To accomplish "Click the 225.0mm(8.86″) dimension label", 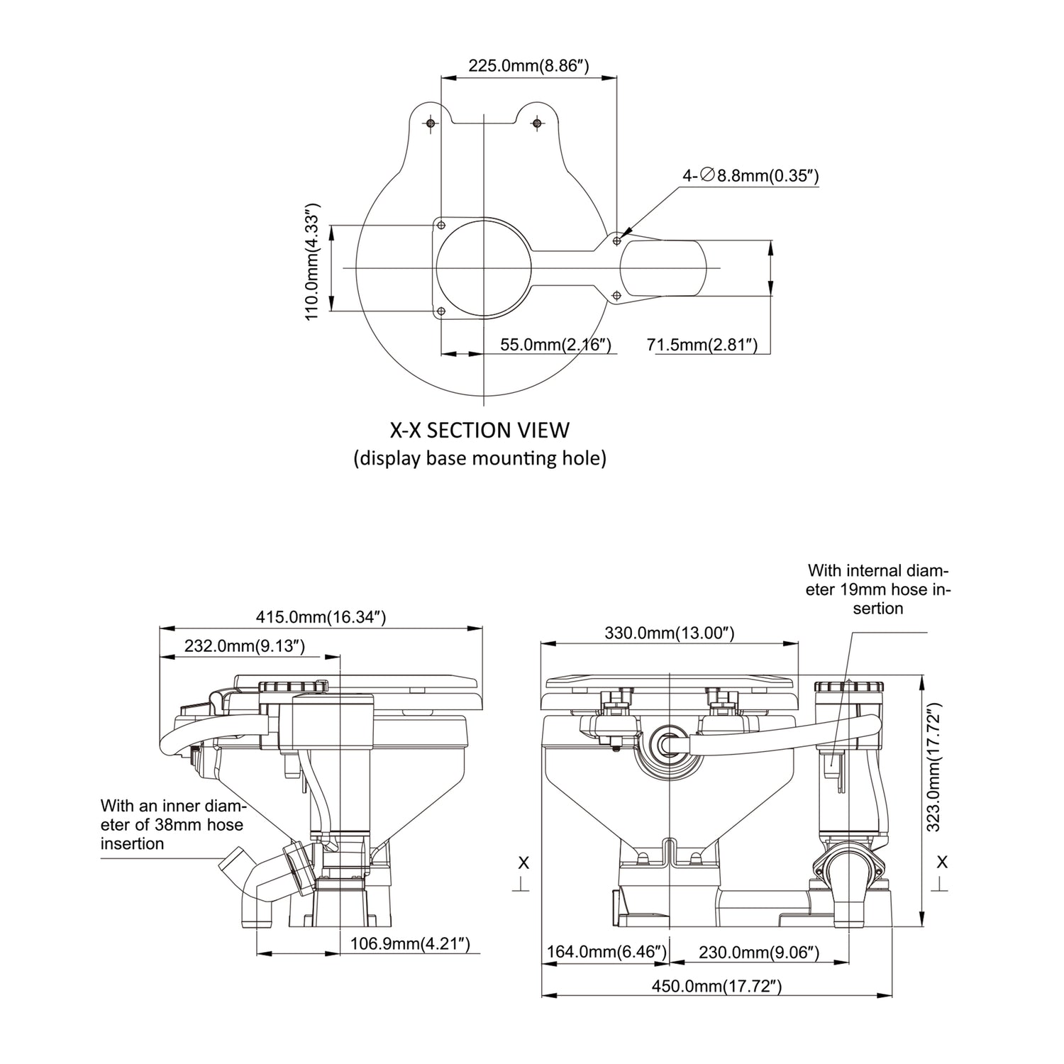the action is coord(528,67).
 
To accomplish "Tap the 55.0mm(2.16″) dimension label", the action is coord(555,345).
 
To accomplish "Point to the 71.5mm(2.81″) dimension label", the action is coord(702,345).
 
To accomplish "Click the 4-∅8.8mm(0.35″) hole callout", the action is coord(750,175).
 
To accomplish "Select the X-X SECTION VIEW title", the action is coord(480,430).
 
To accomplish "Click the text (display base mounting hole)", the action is coord(480,458).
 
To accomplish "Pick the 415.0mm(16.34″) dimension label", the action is coord(321,617).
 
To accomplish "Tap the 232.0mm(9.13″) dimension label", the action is coord(245,645).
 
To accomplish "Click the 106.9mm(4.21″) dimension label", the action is coord(411,943).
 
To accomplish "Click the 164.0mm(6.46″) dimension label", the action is coord(606,952).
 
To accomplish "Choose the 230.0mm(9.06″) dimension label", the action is coord(759,952).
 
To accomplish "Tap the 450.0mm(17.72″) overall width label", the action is coord(716,985).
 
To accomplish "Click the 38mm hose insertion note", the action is coord(173,824).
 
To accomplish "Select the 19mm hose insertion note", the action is coord(878,589).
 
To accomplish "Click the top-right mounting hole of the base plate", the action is coord(537,123).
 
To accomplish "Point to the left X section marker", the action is coord(523,872).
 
